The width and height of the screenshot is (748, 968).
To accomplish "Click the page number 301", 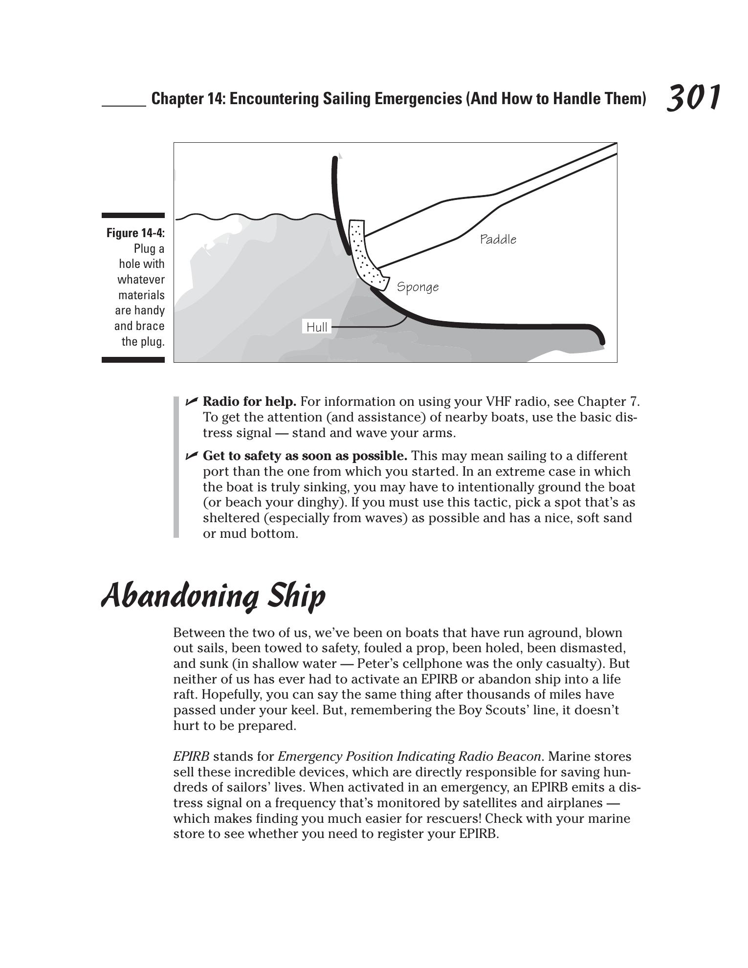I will coord(693,98).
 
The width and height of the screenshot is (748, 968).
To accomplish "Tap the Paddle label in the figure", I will coord(498,240).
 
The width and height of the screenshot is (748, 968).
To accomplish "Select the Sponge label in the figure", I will coord(418,287).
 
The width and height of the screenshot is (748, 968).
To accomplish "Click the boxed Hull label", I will coord(317,327).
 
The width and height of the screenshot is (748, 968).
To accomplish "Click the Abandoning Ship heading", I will coord(213,596).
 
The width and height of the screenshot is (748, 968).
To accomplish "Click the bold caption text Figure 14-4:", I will coord(135,233).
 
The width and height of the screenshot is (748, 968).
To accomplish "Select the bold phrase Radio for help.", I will coord(249,402).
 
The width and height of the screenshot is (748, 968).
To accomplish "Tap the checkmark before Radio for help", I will coord(191,402).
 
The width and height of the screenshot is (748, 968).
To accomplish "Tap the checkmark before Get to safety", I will coord(191,456).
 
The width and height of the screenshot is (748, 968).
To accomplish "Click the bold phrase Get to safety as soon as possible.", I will coord(305,456).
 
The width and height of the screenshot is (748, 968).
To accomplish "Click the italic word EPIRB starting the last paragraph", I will coord(191,757).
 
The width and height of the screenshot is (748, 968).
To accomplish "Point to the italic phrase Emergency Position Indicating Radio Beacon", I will coord(409,757).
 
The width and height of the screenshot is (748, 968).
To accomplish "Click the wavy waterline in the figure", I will coord(254,217).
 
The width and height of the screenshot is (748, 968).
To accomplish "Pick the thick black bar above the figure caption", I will coord(133,215).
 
